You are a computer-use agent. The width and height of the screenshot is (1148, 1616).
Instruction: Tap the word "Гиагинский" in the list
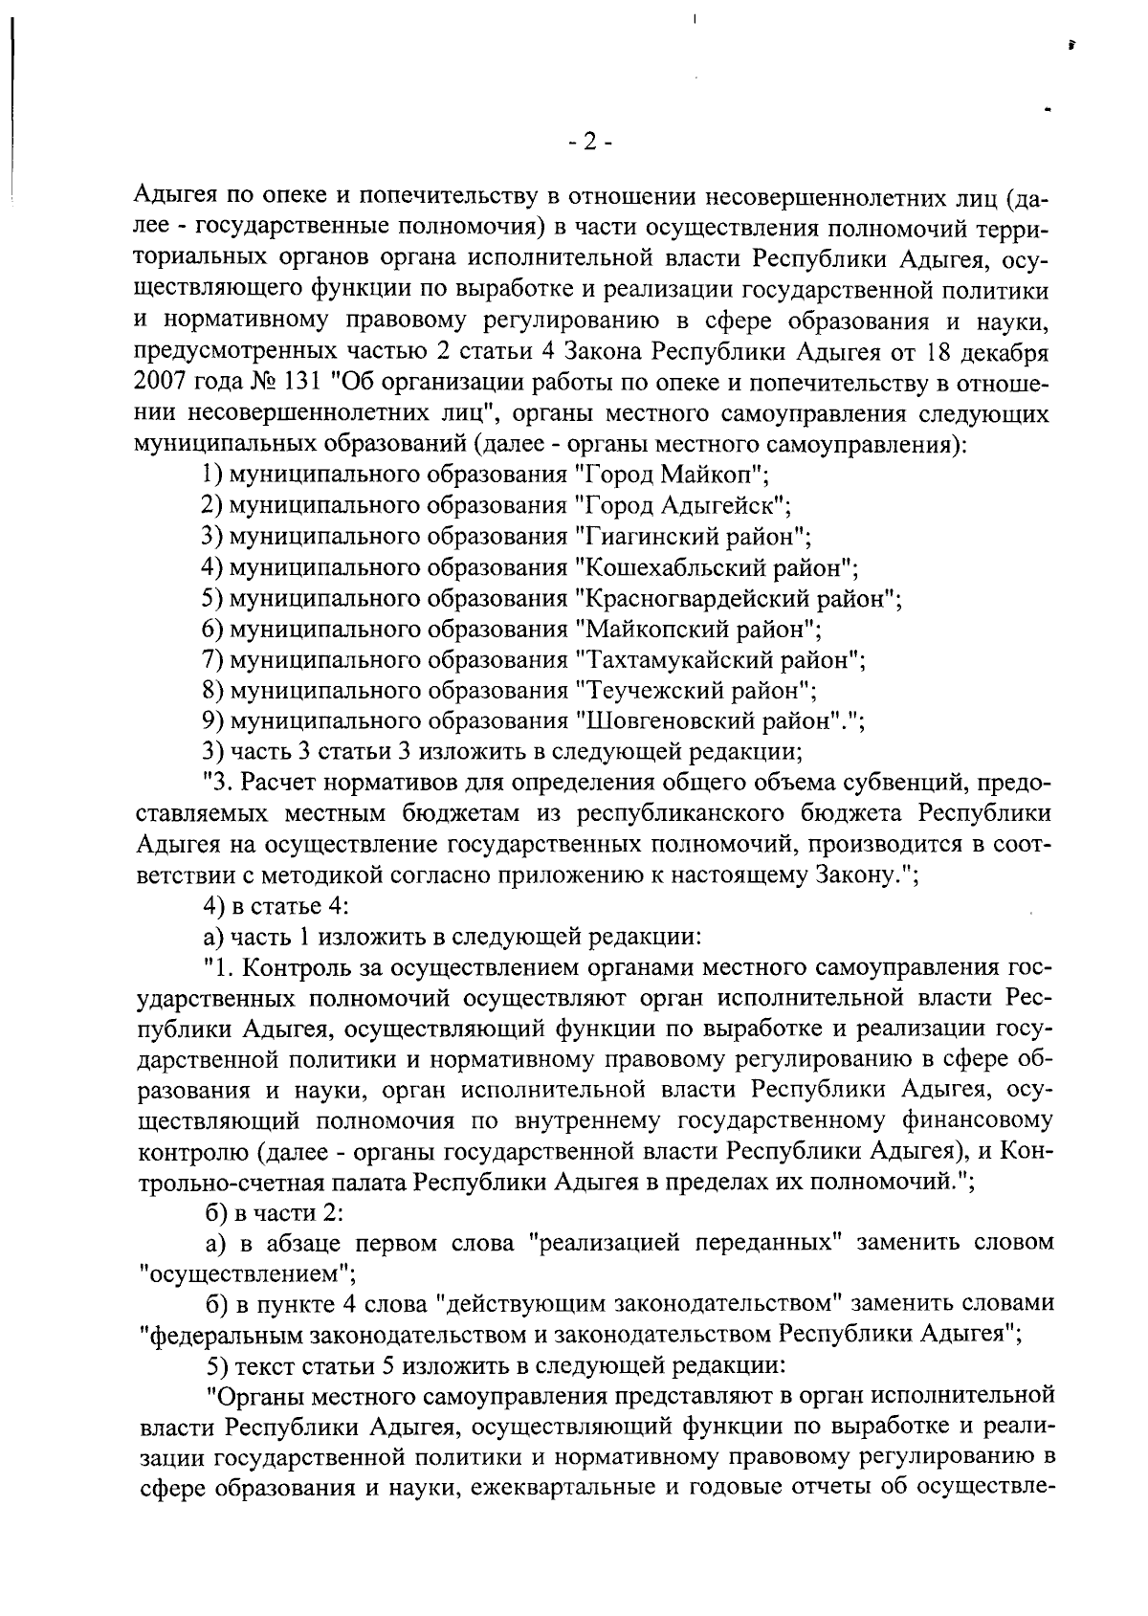[652, 537]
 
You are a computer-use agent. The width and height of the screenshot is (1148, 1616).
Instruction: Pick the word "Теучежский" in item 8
[648, 691]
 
